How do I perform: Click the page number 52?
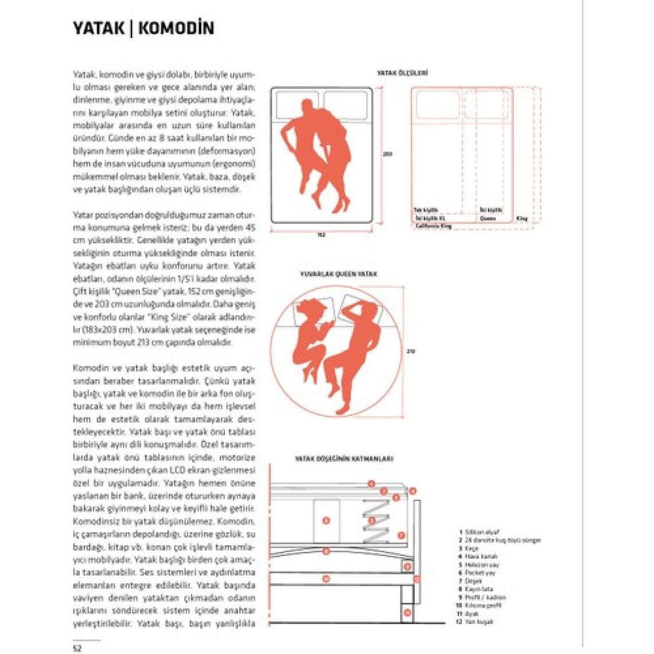coord(77,648)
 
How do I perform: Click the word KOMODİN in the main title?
coord(176,28)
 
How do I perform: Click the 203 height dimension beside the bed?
coord(388,154)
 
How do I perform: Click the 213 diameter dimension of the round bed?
coord(411,352)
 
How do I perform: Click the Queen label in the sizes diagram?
coord(488,219)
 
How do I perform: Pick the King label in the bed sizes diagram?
coord(521,219)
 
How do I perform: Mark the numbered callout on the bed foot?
coord(407,613)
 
